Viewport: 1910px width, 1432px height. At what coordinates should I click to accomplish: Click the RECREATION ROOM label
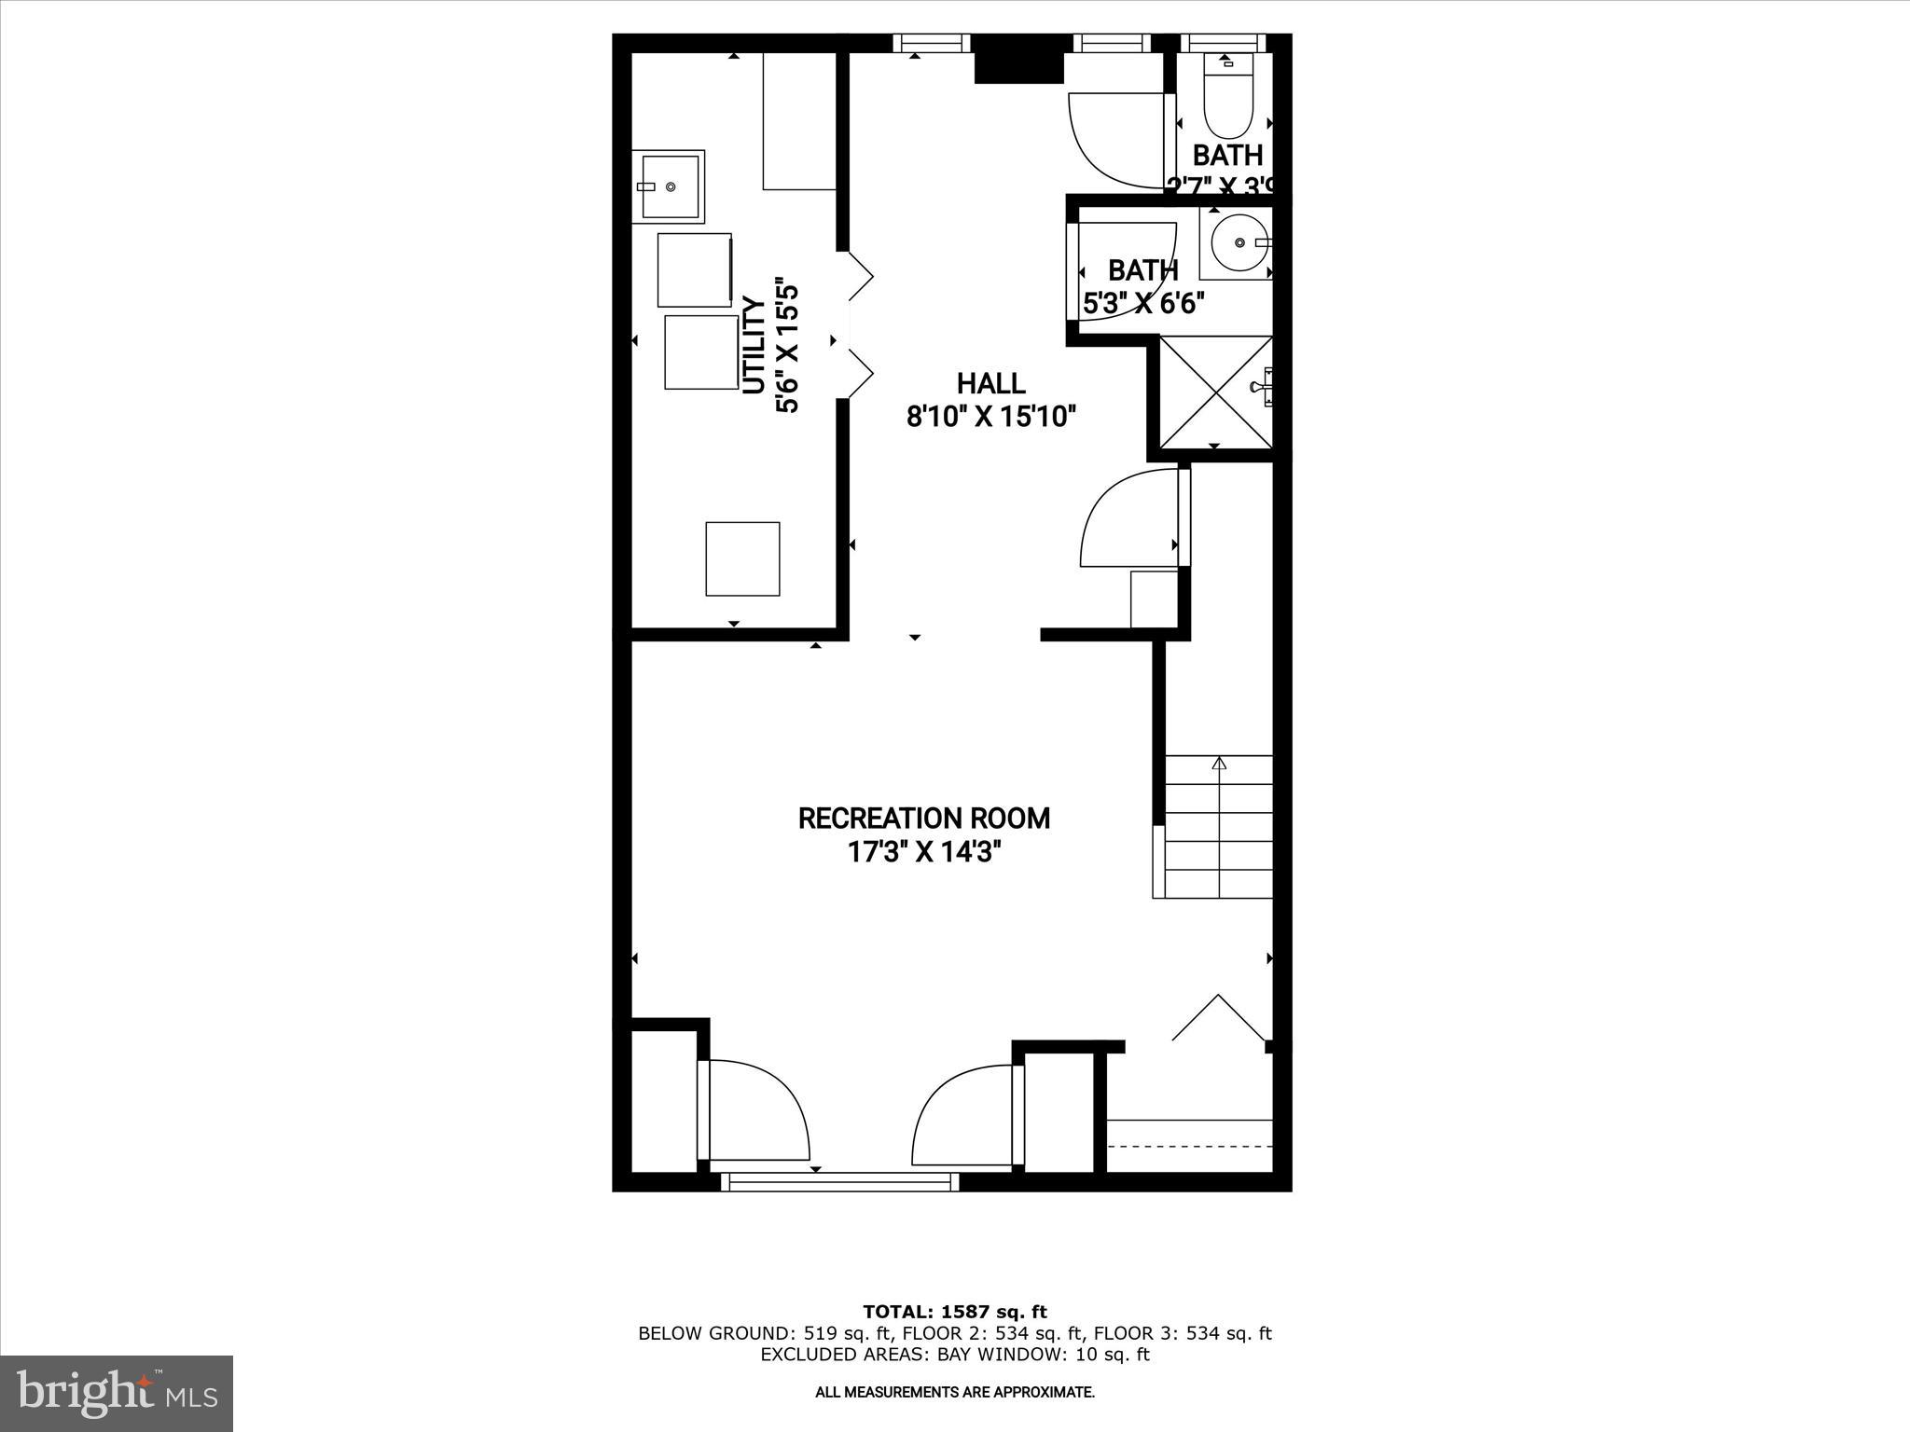click(x=923, y=819)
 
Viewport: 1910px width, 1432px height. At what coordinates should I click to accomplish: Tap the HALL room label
click(x=990, y=383)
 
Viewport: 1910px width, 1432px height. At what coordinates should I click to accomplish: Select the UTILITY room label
click(x=754, y=346)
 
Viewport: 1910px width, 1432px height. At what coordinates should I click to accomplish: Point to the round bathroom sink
click(x=1238, y=242)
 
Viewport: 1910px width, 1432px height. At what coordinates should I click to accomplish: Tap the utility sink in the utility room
click(x=669, y=186)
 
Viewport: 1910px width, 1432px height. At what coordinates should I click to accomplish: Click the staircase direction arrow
click(x=1218, y=764)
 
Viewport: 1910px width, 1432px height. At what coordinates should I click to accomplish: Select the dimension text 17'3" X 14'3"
click(x=923, y=852)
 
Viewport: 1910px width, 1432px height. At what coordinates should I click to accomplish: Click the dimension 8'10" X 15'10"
click(x=991, y=416)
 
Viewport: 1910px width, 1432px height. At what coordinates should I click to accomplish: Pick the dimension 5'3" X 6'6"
click(x=1143, y=303)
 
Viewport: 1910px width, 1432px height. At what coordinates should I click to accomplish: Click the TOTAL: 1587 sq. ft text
click(x=954, y=1313)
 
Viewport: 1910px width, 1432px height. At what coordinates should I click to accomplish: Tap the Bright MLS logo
click(x=117, y=1394)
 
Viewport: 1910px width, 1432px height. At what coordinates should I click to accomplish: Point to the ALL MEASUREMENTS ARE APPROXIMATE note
click(x=954, y=1393)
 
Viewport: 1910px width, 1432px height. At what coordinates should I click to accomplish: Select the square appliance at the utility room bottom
click(x=742, y=558)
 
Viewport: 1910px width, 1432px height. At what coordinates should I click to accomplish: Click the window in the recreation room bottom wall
click(x=840, y=1182)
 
